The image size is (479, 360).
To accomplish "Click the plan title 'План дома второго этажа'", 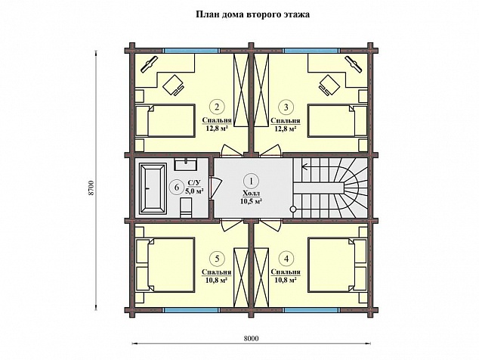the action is point(252,14).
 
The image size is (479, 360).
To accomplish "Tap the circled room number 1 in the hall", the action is point(252,181).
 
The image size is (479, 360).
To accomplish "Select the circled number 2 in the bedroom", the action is point(217,107).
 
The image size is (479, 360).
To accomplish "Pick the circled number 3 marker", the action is point(286,107).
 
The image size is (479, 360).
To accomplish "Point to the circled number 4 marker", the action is point(286,259).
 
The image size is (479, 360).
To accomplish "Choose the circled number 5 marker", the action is point(217,259).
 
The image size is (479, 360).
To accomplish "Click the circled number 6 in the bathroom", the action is point(177,187).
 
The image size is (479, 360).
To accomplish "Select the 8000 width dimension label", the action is point(252,338).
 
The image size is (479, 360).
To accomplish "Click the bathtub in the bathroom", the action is point(153,188).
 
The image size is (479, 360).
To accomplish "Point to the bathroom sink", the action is point(186,164).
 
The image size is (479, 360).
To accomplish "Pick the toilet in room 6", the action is point(186,208).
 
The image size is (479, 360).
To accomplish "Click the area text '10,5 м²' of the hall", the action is point(252,201).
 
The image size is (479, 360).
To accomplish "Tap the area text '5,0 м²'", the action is point(195,191).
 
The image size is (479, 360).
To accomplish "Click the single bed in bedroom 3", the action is point(338,120).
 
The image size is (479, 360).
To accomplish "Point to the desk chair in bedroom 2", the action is point(173,85).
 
